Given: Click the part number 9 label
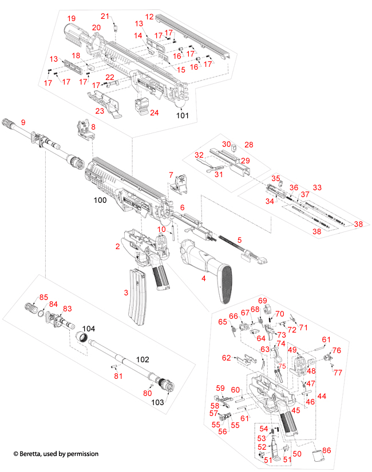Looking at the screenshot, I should point(23,122).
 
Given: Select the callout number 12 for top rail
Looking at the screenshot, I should point(149,18).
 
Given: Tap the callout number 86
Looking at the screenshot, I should point(327,451).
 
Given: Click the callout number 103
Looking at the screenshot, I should point(157,402).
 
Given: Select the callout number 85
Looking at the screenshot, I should point(43,297).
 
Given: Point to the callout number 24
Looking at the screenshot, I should point(154,113).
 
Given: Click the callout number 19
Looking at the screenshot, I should point(71,19).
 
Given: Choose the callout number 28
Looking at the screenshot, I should point(248,145).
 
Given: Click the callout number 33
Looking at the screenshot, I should point(317,187).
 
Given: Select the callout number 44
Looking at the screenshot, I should point(322,395).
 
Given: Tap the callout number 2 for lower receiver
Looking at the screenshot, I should point(117,246).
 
